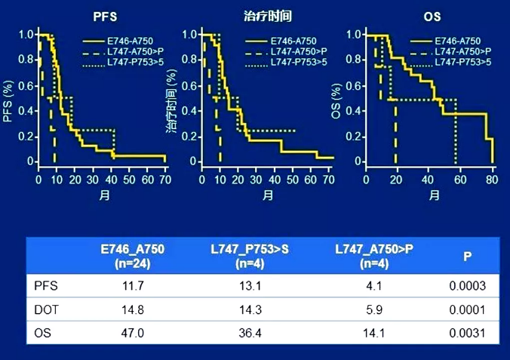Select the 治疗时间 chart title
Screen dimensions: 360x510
click(x=269, y=15)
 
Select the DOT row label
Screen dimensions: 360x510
click(x=48, y=309)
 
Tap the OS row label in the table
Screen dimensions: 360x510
click(x=45, y=332)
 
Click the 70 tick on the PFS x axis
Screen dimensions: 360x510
click(x=165, y=180)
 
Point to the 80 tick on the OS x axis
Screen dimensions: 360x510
click(x=491, y=180)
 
